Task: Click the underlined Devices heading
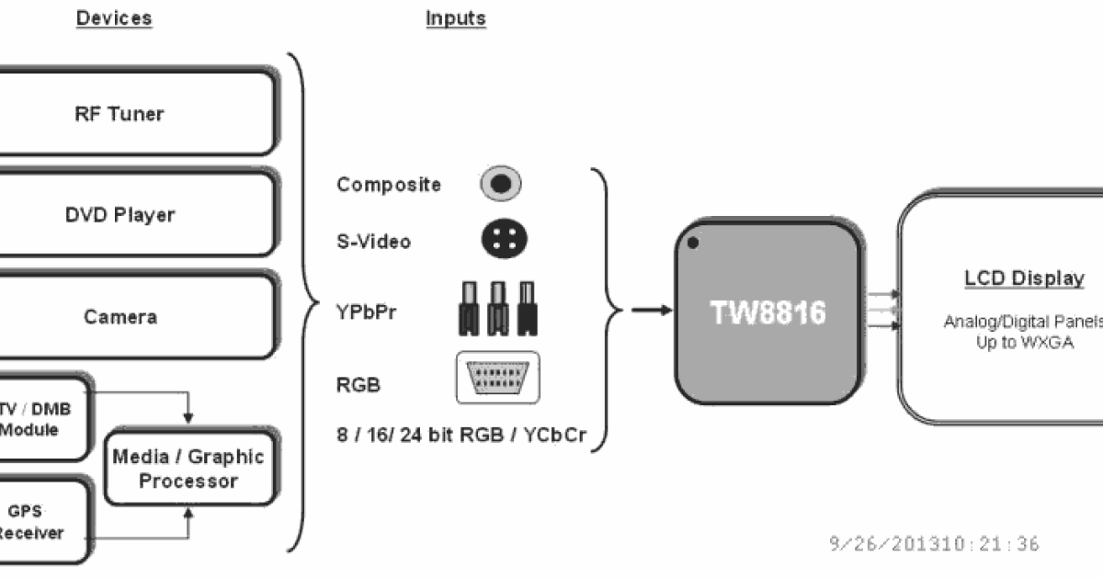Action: coord(114,18)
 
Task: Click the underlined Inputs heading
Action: coord(456,18)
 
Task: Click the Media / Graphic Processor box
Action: coord(188,469)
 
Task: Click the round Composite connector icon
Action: coord(500,184)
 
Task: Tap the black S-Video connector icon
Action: coord(503,241)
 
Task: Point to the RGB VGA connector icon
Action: coord(498,378)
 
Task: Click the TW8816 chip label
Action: coord(768,312)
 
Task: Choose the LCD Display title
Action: coord(1011,278)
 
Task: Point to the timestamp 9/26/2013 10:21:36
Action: coord(934,544)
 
